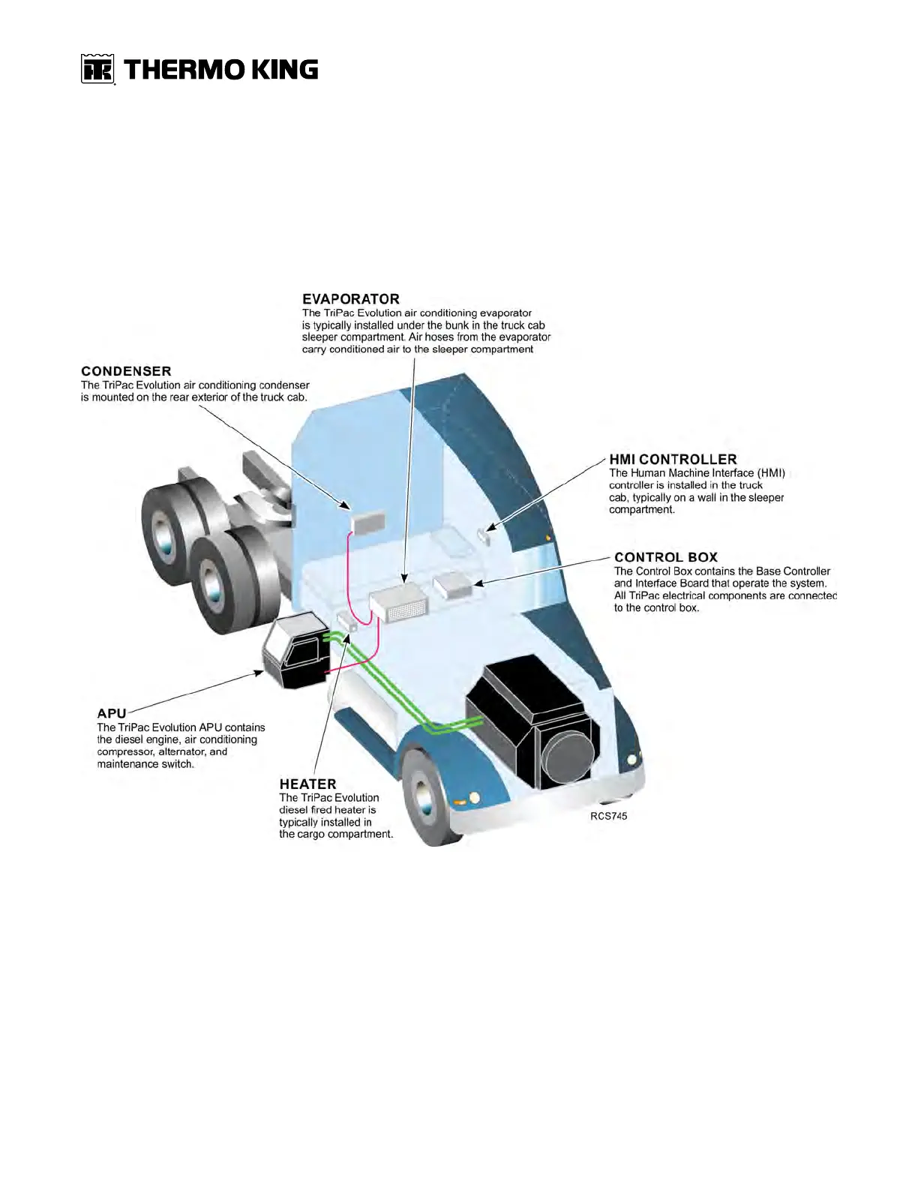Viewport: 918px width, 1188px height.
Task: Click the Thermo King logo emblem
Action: pyautogui.click(x=97, y=69)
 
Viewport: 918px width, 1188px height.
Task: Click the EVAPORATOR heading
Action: pyautogui.click(x=350, y=299)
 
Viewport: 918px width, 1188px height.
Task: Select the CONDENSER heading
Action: pyautogui.click(x=126, y=371)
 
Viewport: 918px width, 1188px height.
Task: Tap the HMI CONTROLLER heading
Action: pyautogui.click(x=673, y=459)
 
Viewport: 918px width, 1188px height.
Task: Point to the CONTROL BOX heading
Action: pyautogui.click(x=665, y=557)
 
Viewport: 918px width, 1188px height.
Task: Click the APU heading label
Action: pyautogui.click(x=111, y=713)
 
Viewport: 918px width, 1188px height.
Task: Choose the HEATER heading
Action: pyautogui.click(x=307, y=784)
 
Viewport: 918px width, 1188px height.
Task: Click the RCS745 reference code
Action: pyautogui.click(x=608, y=816)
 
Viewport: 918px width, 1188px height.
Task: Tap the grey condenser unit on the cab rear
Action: pyautogui.click(x=368, y=522)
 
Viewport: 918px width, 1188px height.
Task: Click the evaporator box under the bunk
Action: pyautogui.click(x=397, y=604)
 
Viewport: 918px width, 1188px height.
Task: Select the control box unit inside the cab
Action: pyautogui.click(x=453, y=584)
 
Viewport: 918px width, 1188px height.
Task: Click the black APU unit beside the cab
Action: pyautogui.click(x=295, y=649)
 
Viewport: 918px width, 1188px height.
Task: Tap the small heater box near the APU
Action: pyautogui.click(x=346, y=621)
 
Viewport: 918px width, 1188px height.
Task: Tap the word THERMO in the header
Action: pyautogui.click(x=184, y=70)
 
